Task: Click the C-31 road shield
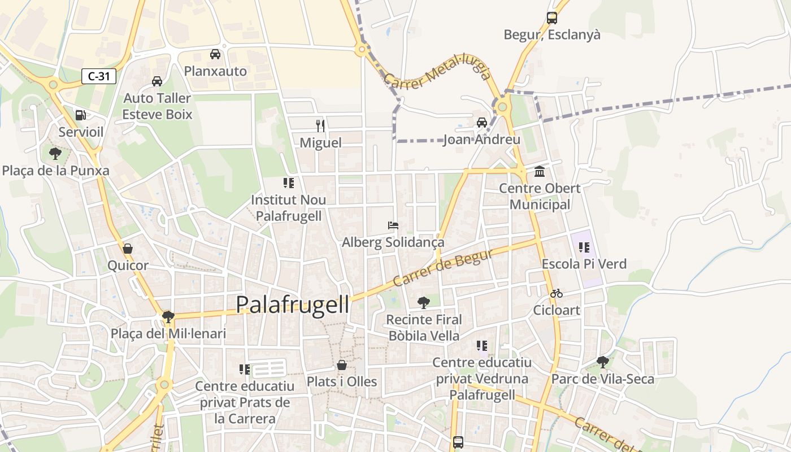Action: tap(99, 76)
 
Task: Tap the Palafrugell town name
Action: tap(292, 305)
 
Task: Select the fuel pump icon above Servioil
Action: tap(81, 115)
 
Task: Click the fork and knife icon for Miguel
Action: tap(320, 125)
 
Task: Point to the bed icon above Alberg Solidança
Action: tap(393, 225)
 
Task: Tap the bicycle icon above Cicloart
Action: tap(557, 293)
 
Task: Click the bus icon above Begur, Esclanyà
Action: tap(552, 18)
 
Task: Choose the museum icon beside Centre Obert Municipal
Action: tap(540, 171)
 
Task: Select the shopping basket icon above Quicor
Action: tap(128, 249)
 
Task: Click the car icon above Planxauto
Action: tap(215, 54)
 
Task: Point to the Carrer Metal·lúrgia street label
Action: tap(437, 75)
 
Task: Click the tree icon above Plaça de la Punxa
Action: tap(55, 153)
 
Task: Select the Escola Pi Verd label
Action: tap(584, 264)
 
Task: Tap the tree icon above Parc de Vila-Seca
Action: tap(603, 362)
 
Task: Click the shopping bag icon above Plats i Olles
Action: tap(342, 365)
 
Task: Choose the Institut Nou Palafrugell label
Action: tap(289, 208)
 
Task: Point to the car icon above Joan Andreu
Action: tap(482, 122)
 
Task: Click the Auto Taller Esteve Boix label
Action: tap(158, 106)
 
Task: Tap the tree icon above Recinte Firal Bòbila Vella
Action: tap(424, 303)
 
